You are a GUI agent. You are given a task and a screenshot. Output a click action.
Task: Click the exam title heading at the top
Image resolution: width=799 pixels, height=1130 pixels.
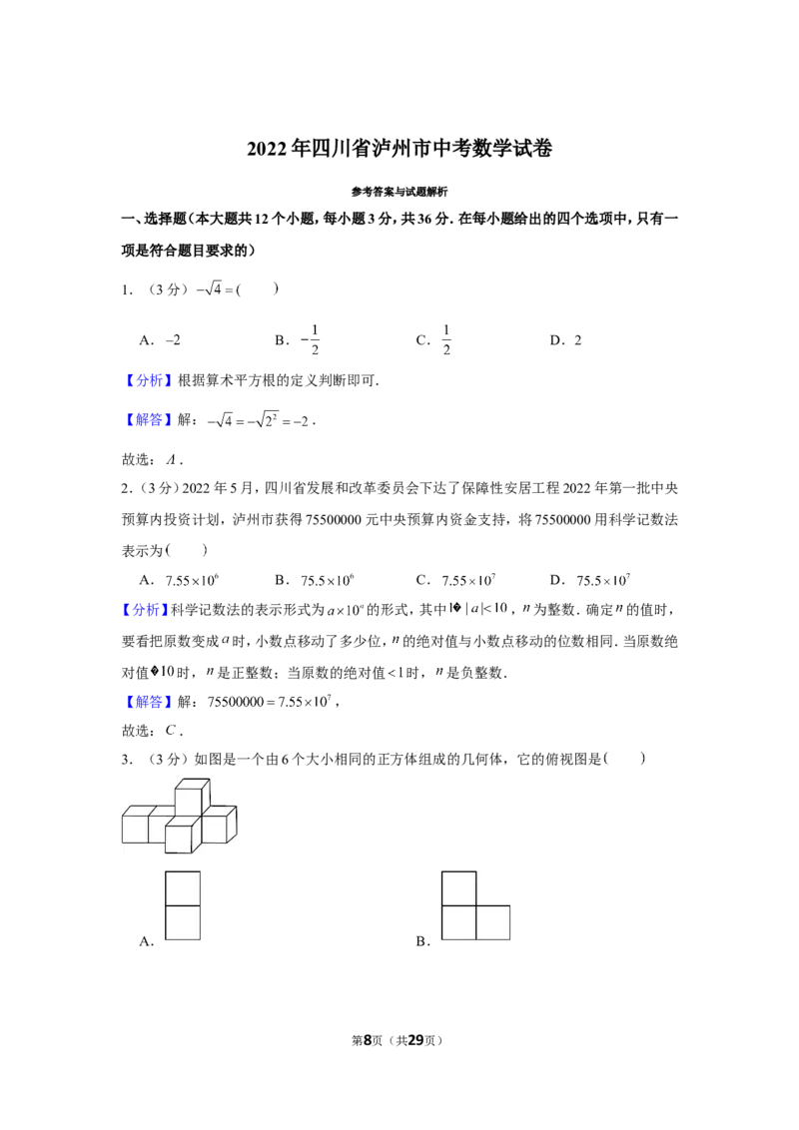click(x=399, y=149)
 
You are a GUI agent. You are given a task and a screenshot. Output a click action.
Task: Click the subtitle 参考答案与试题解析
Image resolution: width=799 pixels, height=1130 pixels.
click(x=399, y=192)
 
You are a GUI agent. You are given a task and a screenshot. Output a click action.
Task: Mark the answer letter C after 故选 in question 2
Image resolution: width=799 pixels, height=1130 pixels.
click(x=170, y=731)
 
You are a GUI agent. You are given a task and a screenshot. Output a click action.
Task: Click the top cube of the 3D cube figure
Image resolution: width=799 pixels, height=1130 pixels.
click(x=193, y=798)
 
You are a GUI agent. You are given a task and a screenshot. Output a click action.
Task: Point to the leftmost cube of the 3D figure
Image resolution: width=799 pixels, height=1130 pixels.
click(x=136, y=825)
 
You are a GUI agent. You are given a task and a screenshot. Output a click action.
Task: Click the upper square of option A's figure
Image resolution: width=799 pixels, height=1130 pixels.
click(x=183, y=888)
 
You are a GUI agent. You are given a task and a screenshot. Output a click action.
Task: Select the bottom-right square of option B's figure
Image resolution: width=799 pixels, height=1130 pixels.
click(x=493, y=922)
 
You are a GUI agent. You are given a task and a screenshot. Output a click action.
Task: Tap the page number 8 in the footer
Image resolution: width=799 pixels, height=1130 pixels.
click(x=368, y=1040)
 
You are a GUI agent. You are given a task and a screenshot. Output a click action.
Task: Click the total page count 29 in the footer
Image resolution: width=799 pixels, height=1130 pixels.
click(x=416, y=1040)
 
